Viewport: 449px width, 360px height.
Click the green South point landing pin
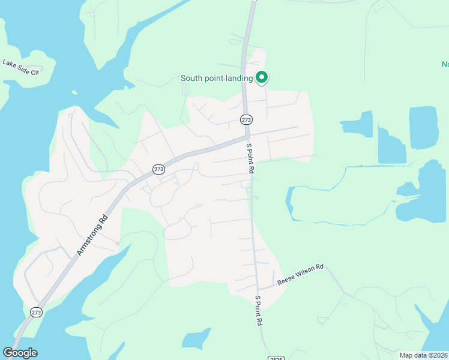tap(262, 77)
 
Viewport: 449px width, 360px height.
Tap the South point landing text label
tap(217, 79)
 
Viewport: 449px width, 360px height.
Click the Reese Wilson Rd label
tap(301, 274)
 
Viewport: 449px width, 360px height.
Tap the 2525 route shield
tap(275, 357)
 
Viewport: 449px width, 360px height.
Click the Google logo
tap(20, 353)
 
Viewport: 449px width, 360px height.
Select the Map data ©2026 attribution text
tap(423, 355)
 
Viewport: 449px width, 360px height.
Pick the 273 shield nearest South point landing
tap(246, 119)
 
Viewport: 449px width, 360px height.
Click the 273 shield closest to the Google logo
tap(36, 312)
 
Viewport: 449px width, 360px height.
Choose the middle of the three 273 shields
tap(158, 169)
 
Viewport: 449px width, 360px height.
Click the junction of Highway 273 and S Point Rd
tap(247, 136)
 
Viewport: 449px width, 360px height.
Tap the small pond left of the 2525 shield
tap(196, 338)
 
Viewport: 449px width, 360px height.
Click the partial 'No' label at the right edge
tap(445, 64)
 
